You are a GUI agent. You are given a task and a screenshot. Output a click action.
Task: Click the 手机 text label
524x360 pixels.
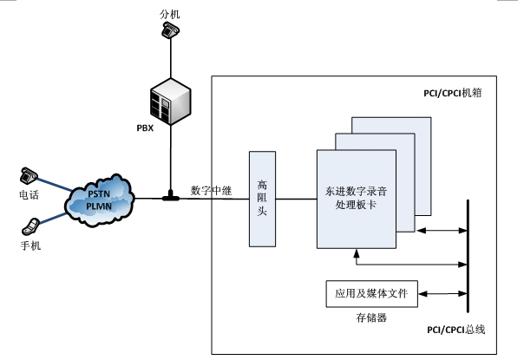30,245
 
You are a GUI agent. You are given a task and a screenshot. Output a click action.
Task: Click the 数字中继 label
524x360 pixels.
210,190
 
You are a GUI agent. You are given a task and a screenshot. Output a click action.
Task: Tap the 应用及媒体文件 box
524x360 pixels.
372,295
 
